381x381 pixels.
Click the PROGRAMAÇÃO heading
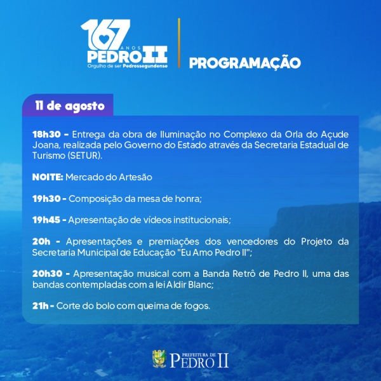coord(245,62)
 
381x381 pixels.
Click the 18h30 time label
coord(46,134)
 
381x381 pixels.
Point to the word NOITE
coord(48,177)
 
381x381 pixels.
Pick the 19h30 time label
coord(46,199)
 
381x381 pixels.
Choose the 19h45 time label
coord(46,220)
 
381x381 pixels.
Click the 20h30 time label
coord(48,274)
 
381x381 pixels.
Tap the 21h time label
coord(41,305)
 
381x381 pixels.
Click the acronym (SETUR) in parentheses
coord(85,156)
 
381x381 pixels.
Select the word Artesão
coord(135,177)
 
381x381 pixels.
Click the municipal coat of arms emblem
coord(159,359)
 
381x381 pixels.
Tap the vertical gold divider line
coord(179,43)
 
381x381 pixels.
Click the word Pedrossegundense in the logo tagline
coord(145,66)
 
